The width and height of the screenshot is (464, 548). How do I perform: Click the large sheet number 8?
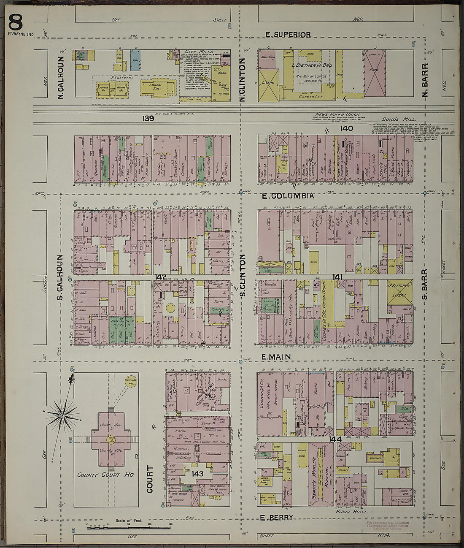pyautogui.click(x=16, y=22)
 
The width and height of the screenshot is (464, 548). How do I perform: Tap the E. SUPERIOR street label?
pyautogui.click(x=288, y=35)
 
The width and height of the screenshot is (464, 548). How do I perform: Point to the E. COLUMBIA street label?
pyautogui.click(x=288, y=196)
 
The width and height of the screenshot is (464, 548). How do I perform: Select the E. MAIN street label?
pyautogui.click(x=276, y=357)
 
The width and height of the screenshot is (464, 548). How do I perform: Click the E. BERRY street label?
pyautogui.click(x=276, y=518)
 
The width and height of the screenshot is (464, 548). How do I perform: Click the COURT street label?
pyautogui.click(x=150, y=479)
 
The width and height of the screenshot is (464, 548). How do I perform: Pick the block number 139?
pyautogui.click(x=148, y=119)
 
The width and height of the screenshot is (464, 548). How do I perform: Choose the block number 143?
pyautogui.click(x=197, y=474)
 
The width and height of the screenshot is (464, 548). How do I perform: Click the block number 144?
pyautogui.click(x=335, y=439)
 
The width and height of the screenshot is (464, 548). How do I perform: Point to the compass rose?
pyautogui.click(x=62, y=415)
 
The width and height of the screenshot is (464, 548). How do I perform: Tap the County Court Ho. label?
pyautogui.click(x=105, y=475)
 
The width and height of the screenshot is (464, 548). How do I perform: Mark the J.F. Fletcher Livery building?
pyautogui.click(x=400, y=292)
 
